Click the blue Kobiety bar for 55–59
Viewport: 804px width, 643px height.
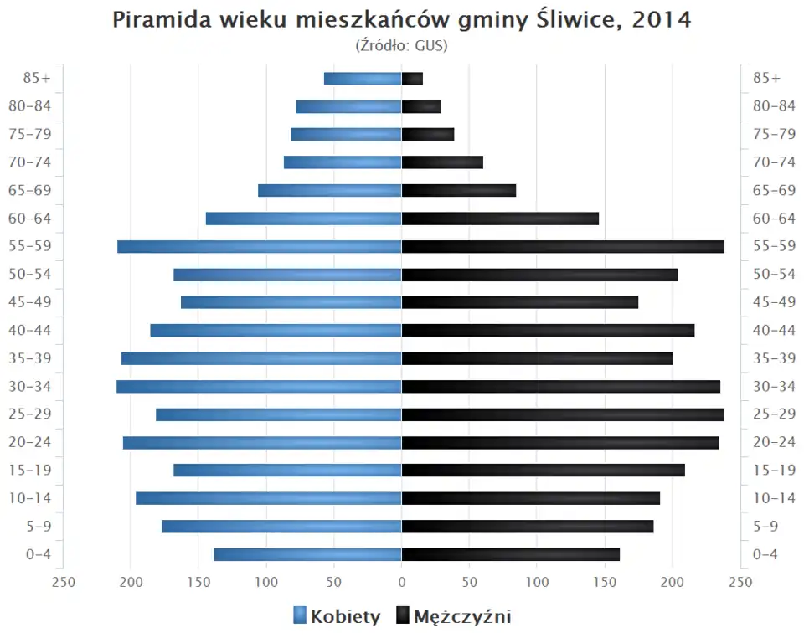pos(260,246)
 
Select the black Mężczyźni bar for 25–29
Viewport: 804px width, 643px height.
pos(563,414)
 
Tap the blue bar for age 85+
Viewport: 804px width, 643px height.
pos(363,79)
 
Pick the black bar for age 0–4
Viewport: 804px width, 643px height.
pos(511,554)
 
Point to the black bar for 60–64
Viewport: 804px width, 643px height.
pos(500,219)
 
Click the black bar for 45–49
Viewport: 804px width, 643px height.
pos(520,302)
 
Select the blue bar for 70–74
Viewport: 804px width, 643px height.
pos(343,162)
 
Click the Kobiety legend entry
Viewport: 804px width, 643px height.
pos(337,617)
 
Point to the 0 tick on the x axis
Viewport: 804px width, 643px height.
pos(402,583)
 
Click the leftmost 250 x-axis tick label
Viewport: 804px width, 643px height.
pos(64,583)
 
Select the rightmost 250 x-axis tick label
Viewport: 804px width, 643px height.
pos(740,583)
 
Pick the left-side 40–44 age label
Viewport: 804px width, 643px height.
pos(29,330)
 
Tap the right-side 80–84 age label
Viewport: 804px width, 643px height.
pos(774,106)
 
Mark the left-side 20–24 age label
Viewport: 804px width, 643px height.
pos(29,442)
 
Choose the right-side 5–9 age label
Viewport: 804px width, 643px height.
pos(766,527)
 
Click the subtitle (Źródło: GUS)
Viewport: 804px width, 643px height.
pos(402,45)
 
